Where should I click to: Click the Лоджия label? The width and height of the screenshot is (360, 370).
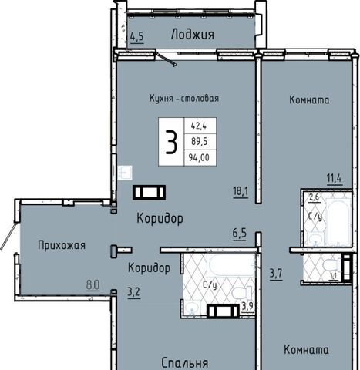pos(193,35)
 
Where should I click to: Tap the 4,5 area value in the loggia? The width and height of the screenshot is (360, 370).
pos(136,37)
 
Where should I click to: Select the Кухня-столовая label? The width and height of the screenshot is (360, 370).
pos(184,98)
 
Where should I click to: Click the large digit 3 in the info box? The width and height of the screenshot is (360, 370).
pos(171,142)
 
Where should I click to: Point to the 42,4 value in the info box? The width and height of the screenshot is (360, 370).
pos(199,126)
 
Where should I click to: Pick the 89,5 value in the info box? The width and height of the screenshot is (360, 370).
pos(199,141)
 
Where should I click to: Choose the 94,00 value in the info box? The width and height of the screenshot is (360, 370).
pos(199,157)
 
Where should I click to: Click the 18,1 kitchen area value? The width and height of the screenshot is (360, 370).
pos(241,192)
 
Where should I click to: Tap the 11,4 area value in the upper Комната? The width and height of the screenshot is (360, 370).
pos(335,178)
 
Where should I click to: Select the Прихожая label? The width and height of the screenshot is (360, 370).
pos(62,245)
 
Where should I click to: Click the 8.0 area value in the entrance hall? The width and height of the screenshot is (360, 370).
pos(93,285)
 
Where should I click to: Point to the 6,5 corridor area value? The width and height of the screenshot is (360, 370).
pos(240,234)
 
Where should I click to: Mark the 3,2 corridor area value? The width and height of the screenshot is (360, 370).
pos(134,292)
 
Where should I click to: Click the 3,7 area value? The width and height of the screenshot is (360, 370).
pos(276,273)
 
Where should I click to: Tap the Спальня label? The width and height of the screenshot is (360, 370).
pos(185,363)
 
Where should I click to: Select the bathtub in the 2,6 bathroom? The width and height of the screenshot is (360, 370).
pos(338,222)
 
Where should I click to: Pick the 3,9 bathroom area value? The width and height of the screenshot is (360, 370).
pos(247,306)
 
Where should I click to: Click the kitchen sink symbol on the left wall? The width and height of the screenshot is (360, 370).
pos(125,173)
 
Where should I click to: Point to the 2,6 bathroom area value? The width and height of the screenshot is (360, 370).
pos(314,197)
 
